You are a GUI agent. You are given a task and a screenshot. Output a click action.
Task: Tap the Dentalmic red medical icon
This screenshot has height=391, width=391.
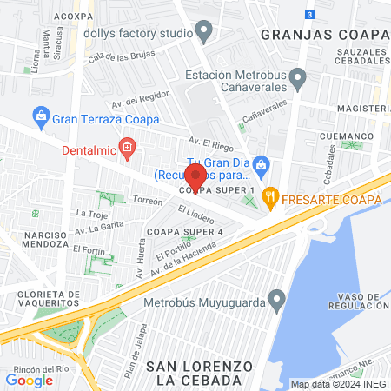tap(128, 148)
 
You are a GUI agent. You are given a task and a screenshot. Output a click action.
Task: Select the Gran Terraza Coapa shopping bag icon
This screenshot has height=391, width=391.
tap(40, 114)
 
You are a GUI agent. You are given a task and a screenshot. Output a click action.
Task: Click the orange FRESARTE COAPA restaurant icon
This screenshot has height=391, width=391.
tap(271, 198)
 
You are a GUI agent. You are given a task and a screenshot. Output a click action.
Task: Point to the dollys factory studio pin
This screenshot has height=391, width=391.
tap(204, 32)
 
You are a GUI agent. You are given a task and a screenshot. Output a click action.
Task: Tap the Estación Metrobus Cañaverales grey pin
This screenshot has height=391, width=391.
tap(297, 80)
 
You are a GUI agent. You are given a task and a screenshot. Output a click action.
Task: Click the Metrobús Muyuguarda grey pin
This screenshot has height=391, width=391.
tap(276, 302)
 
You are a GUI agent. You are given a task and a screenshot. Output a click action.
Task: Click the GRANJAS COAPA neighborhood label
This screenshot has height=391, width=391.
tap(322, 35)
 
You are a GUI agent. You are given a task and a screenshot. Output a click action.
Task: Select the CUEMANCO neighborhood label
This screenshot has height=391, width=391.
tap(345, 136)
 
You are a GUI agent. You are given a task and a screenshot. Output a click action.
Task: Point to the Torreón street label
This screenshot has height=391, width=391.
tap(147, 201)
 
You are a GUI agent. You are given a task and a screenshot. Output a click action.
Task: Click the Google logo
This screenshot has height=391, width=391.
tap(29, 380)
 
